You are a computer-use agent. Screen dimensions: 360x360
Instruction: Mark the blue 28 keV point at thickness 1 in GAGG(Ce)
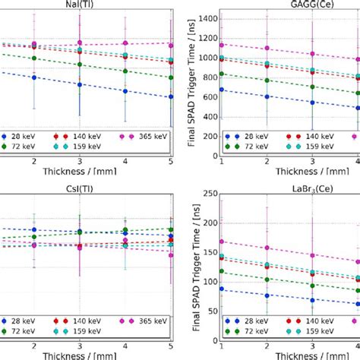tap(222, 90)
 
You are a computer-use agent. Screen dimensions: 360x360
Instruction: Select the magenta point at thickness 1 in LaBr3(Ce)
tap(222, 242)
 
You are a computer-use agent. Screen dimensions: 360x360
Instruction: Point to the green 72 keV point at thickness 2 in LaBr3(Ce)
tap(267, 278)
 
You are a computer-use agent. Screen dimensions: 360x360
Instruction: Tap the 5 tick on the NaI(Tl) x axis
tap(170, 162)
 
